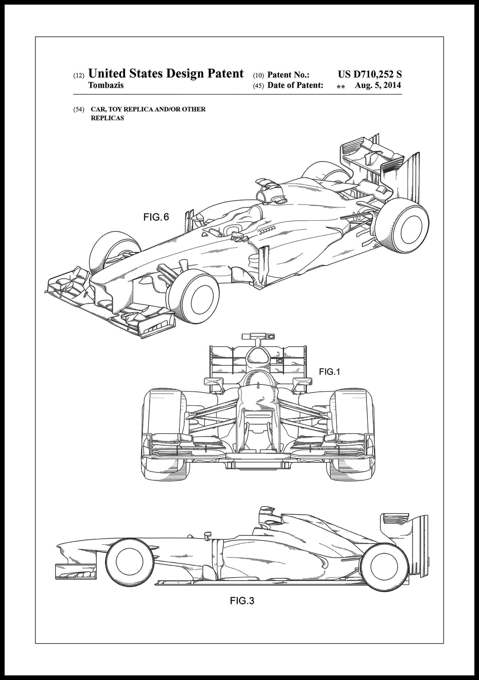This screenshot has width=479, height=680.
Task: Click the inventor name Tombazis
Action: pos(106,85)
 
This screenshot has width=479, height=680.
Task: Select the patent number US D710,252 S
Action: pos(370,74)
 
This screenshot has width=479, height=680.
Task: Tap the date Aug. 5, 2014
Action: pos(378,85)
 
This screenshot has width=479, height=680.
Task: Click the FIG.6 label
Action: pos(156,217)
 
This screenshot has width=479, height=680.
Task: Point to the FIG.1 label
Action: pos(329,372)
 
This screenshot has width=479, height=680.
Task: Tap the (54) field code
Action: pos(79,109)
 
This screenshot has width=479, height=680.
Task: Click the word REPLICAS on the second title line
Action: pos(107,118)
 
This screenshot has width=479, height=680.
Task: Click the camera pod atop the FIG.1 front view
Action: pos(258,337)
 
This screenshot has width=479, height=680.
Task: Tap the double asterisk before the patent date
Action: pos(341,87)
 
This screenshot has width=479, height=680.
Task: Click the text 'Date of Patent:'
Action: pos(295,85)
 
